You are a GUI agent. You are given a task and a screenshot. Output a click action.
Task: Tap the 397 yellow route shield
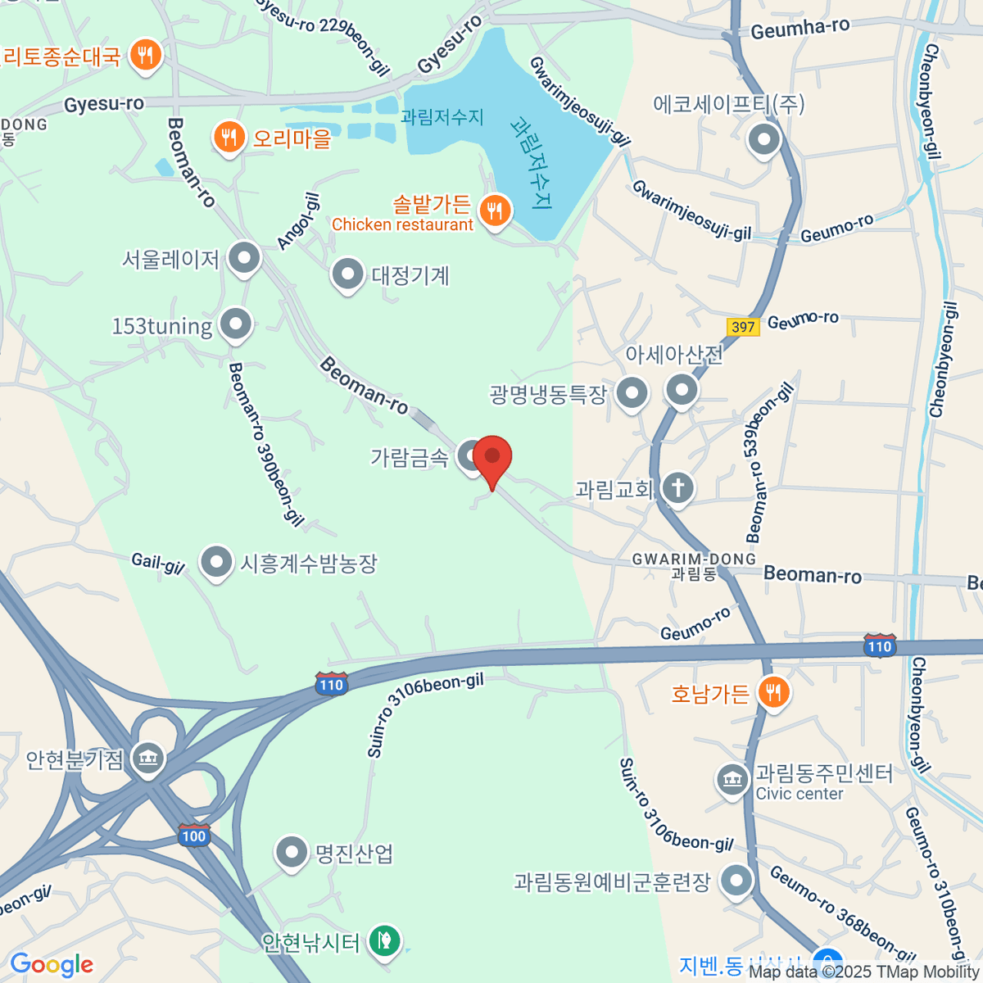click(743, 327)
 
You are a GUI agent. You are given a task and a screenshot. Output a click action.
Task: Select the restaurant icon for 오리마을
click(229, 138)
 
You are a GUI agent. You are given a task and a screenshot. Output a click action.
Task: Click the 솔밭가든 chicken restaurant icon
click(494, 211)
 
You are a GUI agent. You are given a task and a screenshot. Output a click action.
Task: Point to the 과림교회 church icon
click(678, 489)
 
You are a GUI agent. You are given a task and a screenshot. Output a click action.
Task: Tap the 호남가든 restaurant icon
click(772, 693)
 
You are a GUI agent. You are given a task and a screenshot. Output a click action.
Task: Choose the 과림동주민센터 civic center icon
click(732, 781)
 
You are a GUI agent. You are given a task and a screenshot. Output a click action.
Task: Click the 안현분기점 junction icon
click(148, 758)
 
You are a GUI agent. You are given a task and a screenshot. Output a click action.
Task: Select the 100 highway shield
click(194, 836)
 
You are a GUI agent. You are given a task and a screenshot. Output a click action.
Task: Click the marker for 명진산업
click(292, 853)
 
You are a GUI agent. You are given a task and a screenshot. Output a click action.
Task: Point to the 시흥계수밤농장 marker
click(216, 563)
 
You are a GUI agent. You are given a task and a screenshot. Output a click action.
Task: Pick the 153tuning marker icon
click(236, 324)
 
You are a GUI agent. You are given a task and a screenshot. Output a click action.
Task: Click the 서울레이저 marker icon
click(243, 259)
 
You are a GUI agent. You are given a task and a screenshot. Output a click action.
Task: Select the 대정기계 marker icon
click(347, 274)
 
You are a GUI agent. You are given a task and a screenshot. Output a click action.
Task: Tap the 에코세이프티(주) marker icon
click(764, 139)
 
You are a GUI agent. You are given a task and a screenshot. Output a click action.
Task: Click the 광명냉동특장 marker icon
click(632, 394)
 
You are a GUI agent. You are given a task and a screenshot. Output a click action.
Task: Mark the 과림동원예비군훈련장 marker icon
click(736, 881)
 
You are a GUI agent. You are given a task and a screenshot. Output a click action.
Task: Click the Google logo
click(52, 965)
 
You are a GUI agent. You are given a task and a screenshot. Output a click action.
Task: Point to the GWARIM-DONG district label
click(694, 559)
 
